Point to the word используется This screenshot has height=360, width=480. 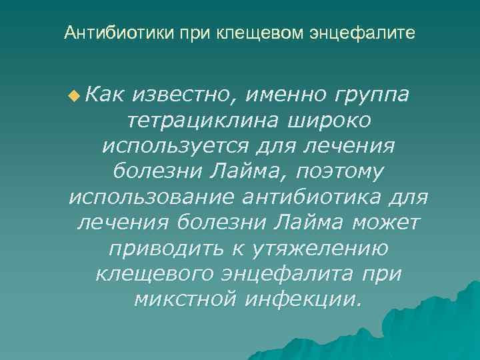[x=176, y=147]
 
